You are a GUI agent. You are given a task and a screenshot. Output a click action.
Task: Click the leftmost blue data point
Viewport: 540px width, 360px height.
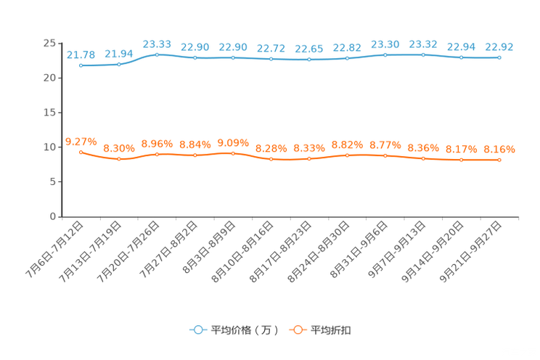[81, 65]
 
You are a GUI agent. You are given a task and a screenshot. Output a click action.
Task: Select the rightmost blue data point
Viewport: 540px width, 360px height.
[499, 57]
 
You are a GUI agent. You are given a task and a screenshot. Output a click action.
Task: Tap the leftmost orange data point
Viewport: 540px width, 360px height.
[81, 152]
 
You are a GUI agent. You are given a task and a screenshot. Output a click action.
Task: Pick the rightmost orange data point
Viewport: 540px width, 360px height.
[499, 160]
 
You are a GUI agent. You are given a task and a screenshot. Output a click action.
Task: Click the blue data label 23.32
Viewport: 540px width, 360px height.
[423, 44]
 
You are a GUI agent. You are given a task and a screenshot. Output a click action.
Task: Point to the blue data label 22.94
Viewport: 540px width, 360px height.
[462, 46]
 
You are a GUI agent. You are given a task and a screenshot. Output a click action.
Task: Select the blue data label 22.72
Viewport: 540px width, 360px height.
[271, 48]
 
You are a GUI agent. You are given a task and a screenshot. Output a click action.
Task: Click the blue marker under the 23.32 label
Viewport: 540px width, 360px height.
[423, 54]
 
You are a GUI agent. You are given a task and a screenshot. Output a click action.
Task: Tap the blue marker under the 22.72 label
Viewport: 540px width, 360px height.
[271, 59]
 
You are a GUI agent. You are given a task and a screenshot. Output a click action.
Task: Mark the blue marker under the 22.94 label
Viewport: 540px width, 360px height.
[462, 57]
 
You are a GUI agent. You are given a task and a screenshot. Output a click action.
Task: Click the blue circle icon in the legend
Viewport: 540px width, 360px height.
[197, 330]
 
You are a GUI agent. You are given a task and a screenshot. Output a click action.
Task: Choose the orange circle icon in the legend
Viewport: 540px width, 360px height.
[297, 330]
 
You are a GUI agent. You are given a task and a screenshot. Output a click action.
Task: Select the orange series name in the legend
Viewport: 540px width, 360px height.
[331, 330]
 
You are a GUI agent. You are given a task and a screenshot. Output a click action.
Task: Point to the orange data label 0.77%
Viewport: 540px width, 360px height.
[385, 145]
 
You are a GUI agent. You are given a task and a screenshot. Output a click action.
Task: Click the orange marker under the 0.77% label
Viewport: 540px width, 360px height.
[385, 155]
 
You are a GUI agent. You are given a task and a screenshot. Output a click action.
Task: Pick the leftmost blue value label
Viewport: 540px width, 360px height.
[81, 54]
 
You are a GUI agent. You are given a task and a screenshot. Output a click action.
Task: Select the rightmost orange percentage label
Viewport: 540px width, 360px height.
[499, 149]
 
